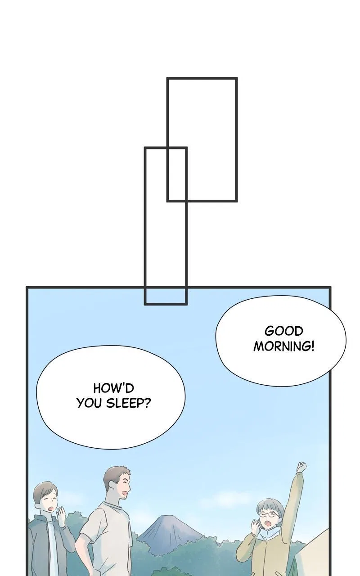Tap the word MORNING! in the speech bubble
pyautogui.click(x=284, y=346)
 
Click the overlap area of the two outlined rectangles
pyautogui.click(x=177, y=174)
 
